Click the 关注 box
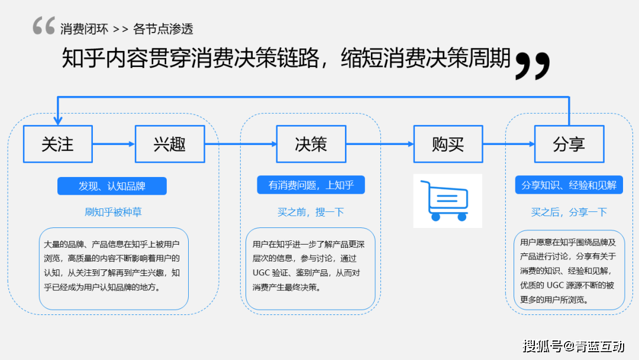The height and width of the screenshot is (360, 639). coord(58,144)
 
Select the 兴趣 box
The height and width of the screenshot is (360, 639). coord(170,144)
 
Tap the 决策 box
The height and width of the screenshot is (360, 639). coord(311,144)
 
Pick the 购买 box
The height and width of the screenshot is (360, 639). coord(448,144)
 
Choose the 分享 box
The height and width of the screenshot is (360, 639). coord(569,144)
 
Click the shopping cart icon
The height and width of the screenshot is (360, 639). coord(447,200)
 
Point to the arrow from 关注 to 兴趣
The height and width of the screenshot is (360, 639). coord(114,144)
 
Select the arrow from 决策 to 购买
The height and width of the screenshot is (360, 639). coord(379,144)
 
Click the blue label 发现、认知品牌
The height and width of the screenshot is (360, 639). coord(112,186)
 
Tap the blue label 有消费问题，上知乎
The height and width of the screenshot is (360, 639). coord(311,185)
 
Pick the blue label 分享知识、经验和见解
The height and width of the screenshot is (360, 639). coord(569,185)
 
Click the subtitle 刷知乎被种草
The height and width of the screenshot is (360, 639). coord(113,212)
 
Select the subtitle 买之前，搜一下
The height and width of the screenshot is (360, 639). coord(311,212)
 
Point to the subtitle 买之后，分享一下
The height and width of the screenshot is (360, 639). coord(569,212)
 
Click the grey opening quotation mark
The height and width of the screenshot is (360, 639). coord(44,26)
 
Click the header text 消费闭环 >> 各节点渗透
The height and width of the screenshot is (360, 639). coord(127,28)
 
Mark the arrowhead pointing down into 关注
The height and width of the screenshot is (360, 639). coord(58,121)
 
